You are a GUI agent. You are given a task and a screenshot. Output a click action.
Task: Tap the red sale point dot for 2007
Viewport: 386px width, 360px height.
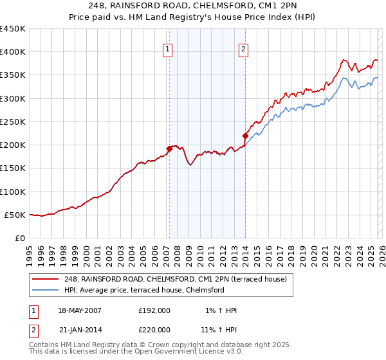point(169,148)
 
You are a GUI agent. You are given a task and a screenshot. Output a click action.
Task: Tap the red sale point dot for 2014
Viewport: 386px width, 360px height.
point(245,135)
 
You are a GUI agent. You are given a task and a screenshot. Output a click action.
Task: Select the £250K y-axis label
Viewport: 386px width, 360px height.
point(13,122)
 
